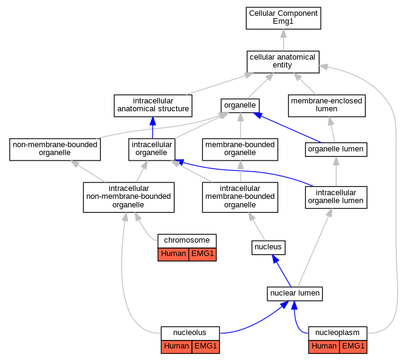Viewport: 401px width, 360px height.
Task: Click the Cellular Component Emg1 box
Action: [x=283, y=18]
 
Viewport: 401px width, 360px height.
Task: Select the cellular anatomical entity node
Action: [x=283, y=61]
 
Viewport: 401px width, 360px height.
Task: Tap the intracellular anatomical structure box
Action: [x=153, y=106]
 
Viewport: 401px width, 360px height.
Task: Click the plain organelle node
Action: [x=240, y=105]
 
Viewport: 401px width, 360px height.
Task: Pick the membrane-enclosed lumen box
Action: [x=327, y=106]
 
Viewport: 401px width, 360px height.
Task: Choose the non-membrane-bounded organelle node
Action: [x=55, y=150]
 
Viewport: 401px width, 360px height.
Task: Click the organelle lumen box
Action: [x=336, y=150]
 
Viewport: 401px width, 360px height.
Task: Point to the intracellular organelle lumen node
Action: [x=336, y=198]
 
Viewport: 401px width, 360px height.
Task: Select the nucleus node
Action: [x=269, y=247]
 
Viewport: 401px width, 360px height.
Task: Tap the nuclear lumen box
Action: [x=295, y=294]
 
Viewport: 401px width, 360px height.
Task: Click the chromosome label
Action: [x=187, y=240]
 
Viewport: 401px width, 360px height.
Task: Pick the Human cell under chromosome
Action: [x=173, y=255]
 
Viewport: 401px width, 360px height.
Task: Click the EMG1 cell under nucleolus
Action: [x=205, y=347]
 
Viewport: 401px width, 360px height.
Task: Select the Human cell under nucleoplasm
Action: [x=324, y=347]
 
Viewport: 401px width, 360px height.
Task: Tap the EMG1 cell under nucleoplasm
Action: [x=353, y=347]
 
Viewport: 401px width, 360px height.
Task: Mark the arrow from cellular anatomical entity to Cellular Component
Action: [x=283, y=40]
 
